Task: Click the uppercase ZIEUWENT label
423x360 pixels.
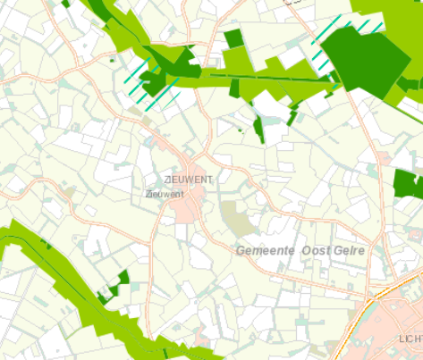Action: coord(188,181)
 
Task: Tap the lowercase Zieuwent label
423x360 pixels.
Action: coord(164,193)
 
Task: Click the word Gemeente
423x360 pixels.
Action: coord(266,252)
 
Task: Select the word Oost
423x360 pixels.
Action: coord(316,252)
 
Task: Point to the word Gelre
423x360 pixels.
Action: coord(349,252)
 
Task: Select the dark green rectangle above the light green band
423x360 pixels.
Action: coord(233,38)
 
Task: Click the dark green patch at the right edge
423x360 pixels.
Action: coord(408,184)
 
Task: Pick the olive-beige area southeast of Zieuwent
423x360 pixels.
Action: coord(237,217)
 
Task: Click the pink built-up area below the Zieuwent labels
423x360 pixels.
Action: coord(189,209)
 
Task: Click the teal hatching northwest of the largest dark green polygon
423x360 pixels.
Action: coord(326,31)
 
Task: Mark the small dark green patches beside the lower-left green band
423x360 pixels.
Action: coord(116,284)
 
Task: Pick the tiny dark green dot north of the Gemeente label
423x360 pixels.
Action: coord(240,131)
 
